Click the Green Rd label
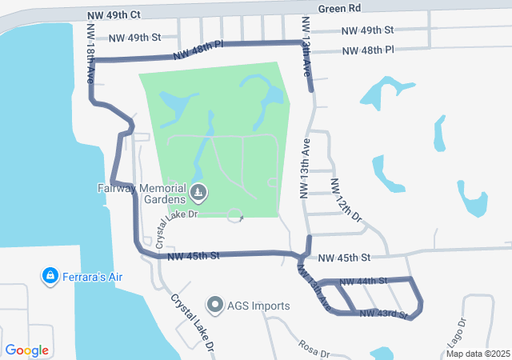pos(339,9)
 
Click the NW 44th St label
pos(363,282)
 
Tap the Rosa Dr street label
pos(314,348)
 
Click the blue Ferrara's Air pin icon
pos(50,276)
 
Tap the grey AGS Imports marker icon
pos(214,304)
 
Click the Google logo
pos(27,350)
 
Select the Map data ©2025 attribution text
pos(478,354)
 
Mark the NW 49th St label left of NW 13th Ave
pos(134,38)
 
